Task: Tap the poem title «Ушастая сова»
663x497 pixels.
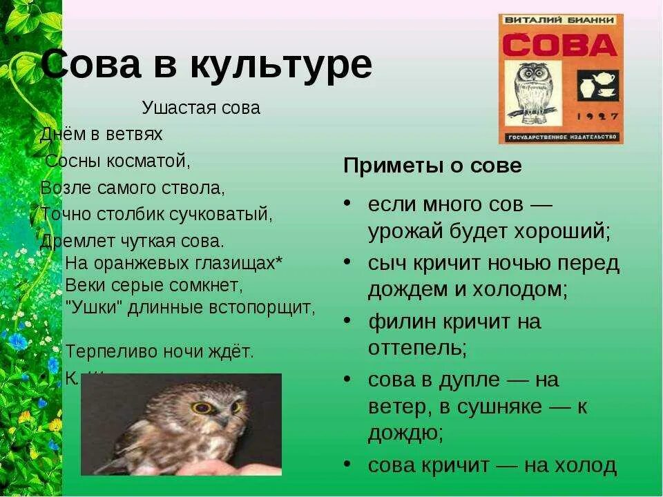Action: click(x=201, y=108)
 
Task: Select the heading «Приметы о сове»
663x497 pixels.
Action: click(x=432, y=166)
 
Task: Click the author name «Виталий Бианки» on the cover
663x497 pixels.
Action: click(x=560, y=20)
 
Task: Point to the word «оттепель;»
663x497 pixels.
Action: click(x=417, y=347)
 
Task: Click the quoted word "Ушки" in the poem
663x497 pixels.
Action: click(x=93, y=307)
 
